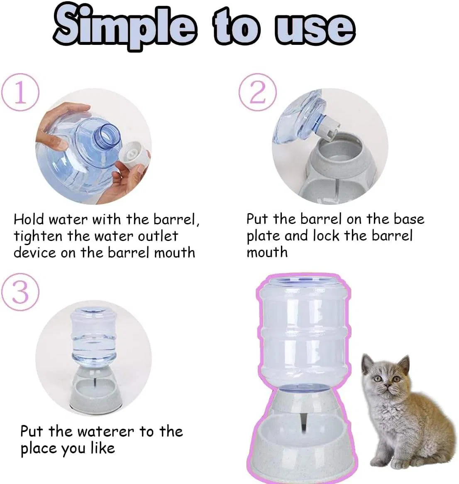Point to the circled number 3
pos(20,292)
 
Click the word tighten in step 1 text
pos(38,236)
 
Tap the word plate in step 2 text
pos(263,236)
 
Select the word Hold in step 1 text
pos(29,219)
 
